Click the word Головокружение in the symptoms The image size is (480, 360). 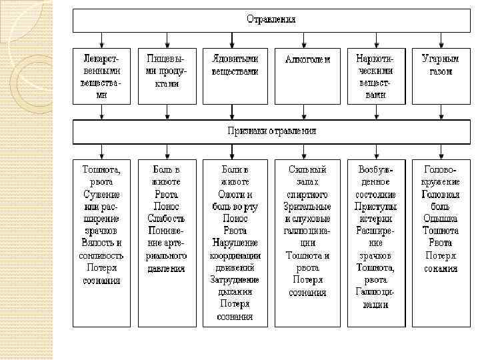click(x=441, y=175)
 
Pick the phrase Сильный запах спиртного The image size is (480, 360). click(x=307, y=182)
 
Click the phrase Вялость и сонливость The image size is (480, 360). click(x=101, y=249)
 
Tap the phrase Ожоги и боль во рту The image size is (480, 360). click(x=235, y=200)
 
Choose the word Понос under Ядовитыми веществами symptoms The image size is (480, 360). click(x=235, y=219)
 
